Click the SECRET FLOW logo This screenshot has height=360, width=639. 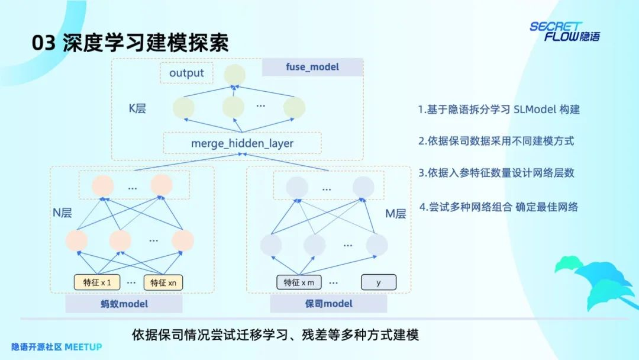564,31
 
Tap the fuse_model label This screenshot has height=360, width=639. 312,67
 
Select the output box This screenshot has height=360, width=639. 186,73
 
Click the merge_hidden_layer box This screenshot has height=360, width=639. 242,143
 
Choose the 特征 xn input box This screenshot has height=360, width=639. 163,283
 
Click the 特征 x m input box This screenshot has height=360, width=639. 299,282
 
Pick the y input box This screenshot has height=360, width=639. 379,282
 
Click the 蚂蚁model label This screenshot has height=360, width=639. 124,304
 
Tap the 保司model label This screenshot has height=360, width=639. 328,304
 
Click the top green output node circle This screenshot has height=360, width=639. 234,74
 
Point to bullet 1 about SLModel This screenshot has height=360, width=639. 499,110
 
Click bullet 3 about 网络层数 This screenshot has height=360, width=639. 496,173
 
